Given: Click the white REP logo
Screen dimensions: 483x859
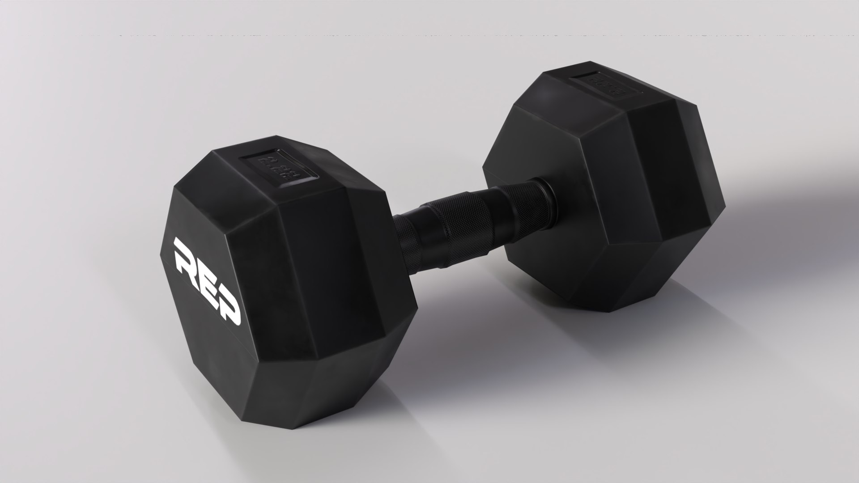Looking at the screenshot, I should tap(207, 281).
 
